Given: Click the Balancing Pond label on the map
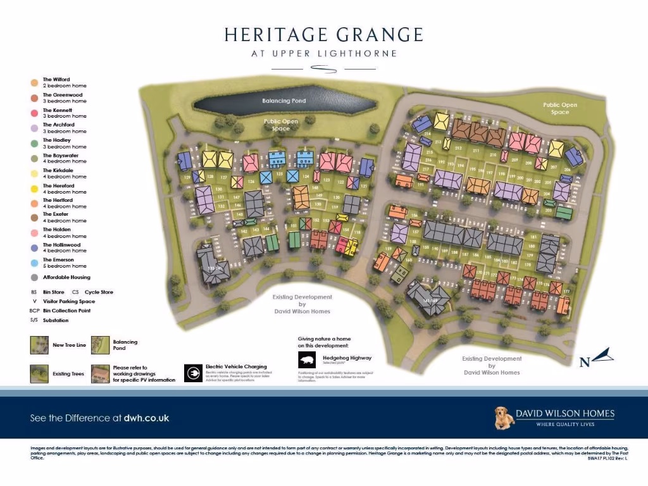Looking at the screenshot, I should point(284,101).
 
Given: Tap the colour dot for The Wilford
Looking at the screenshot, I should point(34,82).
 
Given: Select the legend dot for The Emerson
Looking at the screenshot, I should point(34,263).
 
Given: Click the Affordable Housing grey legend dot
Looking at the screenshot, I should point(34,277).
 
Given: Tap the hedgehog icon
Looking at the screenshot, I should point(308,360).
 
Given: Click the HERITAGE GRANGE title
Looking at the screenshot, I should point(323,34).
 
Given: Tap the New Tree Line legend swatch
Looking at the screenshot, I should point(39,345).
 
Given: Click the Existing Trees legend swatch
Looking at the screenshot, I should point(39,374).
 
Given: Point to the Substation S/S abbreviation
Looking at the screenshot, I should point(34,320).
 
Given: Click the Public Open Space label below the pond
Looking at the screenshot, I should point(280,125).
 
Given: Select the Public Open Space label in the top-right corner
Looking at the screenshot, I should point(559,108).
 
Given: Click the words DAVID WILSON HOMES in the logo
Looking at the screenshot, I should point(564,414).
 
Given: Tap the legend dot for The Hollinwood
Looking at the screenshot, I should point(34,247).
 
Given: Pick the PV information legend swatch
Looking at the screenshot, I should point(100,374).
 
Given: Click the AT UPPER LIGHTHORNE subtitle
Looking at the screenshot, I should point(324,54).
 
